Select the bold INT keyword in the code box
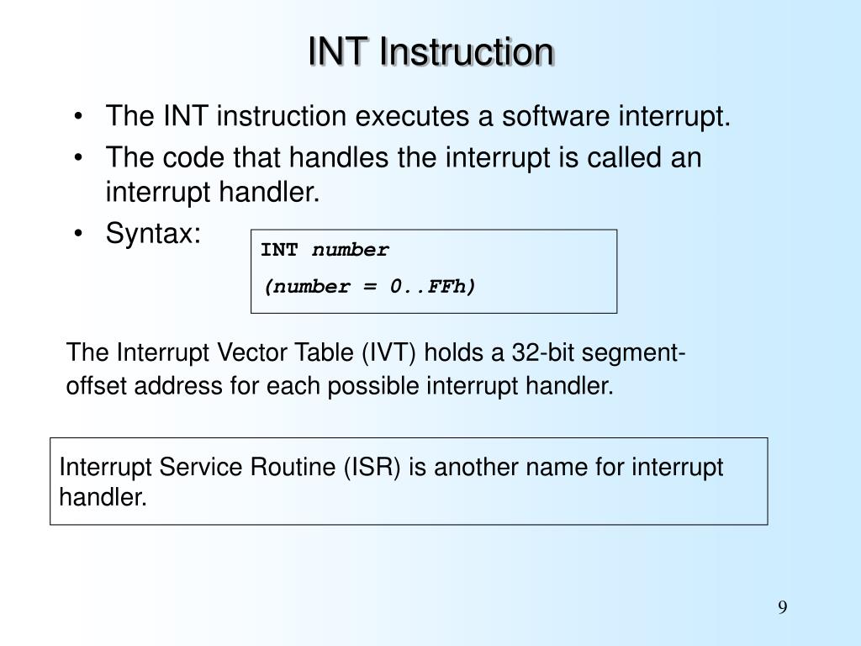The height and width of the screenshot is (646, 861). pyautogui.click(x=279, y=251)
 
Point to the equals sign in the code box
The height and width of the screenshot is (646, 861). pyautogui.click(x=369, y=287)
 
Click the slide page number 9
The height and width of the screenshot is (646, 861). pyautogui.click(x=782, y=609)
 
